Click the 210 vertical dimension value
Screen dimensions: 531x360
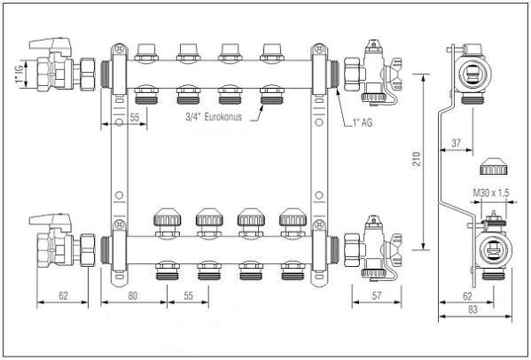(418, 160)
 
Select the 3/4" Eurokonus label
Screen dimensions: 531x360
(214, 117)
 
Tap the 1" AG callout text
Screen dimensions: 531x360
(363, 122)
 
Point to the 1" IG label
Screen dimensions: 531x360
(19, 74)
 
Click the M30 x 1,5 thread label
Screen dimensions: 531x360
(491, 193)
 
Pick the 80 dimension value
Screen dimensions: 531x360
(133, 296)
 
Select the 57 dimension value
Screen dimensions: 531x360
(377, 295)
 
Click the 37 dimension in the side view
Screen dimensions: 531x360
(457, 143)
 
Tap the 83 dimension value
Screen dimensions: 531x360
(472, 309)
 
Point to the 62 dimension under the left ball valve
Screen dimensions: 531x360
(63, 295)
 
